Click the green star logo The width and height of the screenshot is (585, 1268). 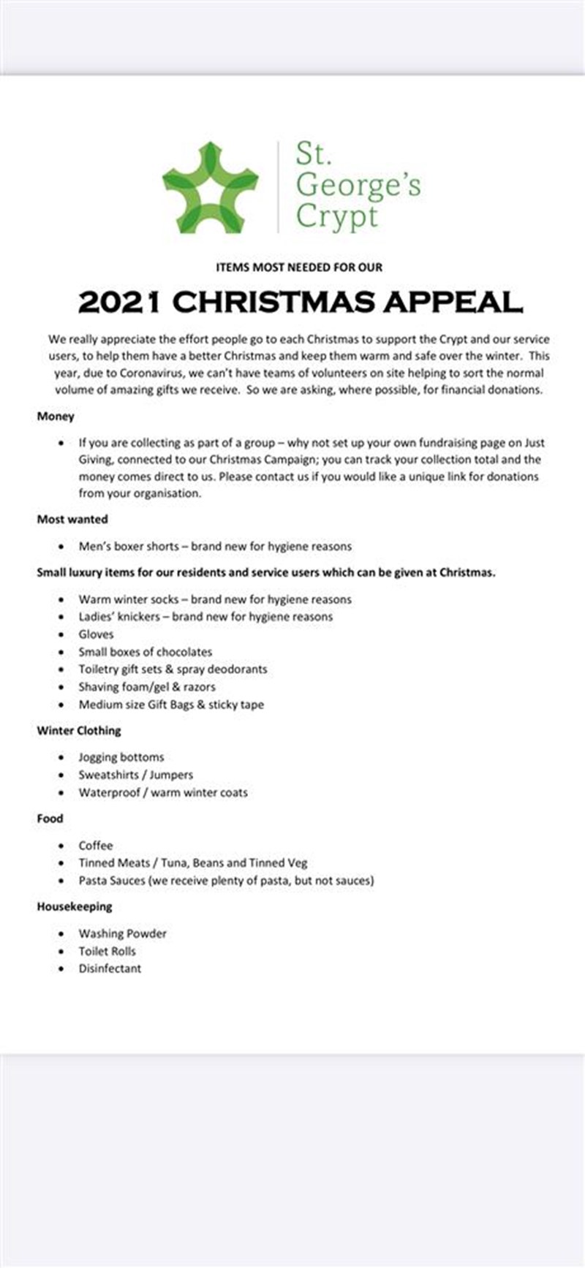click(210, 188)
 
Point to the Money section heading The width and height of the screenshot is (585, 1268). click(56, 416)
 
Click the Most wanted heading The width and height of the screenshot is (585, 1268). click(72, 519)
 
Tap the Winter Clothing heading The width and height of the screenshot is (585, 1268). click(79, 730)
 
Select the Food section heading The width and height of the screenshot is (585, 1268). click(50, 819)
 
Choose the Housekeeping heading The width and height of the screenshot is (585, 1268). click(75, 906)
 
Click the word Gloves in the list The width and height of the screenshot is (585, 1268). click(96, 634)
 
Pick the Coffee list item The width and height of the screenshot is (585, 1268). click(96, 845)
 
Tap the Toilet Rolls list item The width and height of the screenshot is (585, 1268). click(107, 951)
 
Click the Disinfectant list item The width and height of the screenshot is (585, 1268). click(110, 968)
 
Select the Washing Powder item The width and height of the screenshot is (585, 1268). click(122, 933)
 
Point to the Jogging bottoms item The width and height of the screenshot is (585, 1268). click(121, 757)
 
